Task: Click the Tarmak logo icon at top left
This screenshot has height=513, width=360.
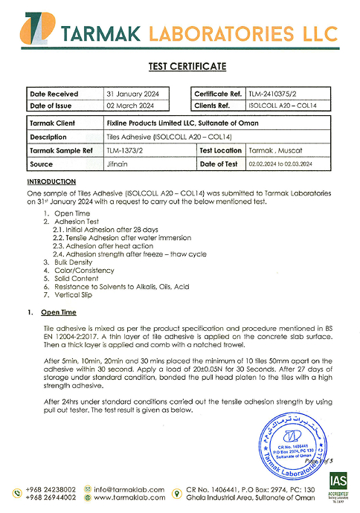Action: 35,31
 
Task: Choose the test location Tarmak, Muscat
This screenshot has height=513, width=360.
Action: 270,150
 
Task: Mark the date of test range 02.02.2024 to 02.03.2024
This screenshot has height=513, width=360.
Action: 291,164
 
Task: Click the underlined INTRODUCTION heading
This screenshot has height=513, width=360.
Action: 51,181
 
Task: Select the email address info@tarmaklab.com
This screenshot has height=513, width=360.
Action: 128,489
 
